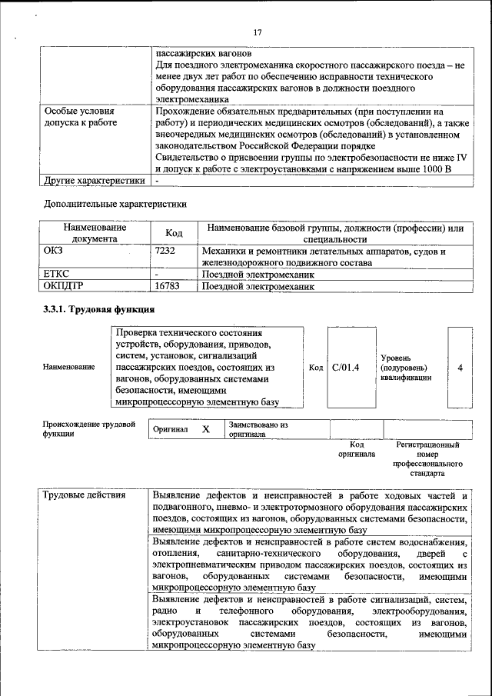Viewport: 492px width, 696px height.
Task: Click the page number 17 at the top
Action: click(258, 32)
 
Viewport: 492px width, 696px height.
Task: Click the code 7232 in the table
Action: click(165, 251)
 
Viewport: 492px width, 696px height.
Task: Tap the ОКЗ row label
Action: click(54, 251)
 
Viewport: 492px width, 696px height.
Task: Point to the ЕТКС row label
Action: click(56, 274)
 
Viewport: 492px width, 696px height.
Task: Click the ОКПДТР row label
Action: click(63, 285)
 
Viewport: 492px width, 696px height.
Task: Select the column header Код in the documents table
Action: click(174, 234)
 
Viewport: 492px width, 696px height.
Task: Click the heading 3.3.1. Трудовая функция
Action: click(98, 310)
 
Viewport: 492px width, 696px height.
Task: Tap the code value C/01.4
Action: click(346, 367)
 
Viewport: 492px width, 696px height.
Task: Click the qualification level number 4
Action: click(460, 368)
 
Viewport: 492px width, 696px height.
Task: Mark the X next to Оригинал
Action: click(205, 429)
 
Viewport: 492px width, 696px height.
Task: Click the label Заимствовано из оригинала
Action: click(258, 429)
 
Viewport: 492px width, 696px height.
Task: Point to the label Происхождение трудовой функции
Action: click(88, 429)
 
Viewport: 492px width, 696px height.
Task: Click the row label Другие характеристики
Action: click(94, 181)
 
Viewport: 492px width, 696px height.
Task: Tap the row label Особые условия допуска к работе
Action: click(80, 117)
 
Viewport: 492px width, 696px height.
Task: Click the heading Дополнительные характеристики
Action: click(114, 205)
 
